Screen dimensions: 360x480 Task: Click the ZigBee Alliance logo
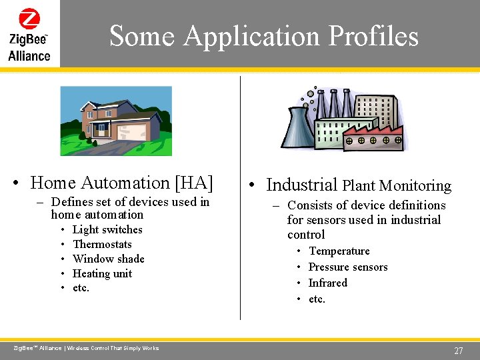tap(29, 35)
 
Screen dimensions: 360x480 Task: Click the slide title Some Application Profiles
tap(263, 35)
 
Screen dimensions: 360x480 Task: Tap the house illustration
tap(116, 121)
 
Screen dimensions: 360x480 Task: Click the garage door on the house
tap(135, 131)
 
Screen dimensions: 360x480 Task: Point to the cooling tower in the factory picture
tap(300, 127)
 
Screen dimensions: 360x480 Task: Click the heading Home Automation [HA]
tap(122, 182)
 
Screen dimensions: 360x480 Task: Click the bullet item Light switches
tap(107, 229)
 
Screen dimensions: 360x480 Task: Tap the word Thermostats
tap(102, 244)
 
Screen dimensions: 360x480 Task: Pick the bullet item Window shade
tap(108, 259)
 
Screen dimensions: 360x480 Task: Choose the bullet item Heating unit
tap(102, 273)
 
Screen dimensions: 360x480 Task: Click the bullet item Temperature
tap(339, 251)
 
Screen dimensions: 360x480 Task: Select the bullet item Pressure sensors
tap(347, 267)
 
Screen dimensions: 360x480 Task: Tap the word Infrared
tap(327, 283)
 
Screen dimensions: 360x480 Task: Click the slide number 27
tap(458, 351)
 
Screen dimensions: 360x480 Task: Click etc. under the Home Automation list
tap(81, 288)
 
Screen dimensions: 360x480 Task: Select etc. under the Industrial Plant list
tap(317, 299)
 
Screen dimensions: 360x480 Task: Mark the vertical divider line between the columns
tap(240, 200)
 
